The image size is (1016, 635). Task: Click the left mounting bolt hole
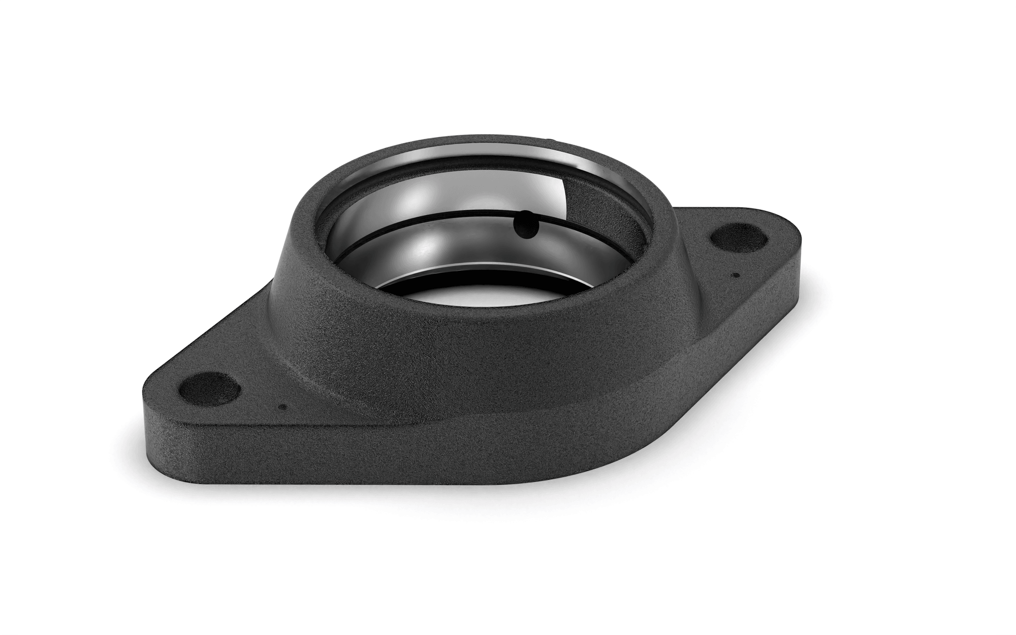pos(210,388)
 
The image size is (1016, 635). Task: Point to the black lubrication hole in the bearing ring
pos(525,226)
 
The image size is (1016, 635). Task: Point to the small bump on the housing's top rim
pos(549,138)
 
